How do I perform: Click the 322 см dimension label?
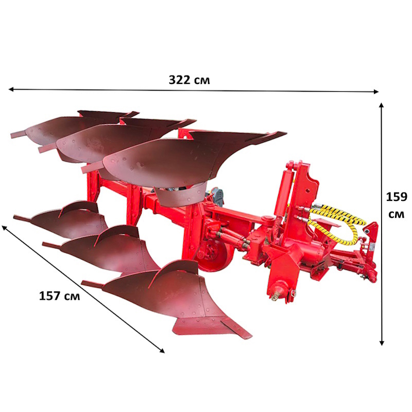189,80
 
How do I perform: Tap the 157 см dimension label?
59,296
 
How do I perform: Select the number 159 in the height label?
397,197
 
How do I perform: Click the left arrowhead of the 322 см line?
10,89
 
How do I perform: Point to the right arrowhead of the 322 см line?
376,92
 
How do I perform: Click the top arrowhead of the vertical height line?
382,105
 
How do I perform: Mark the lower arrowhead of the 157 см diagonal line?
162,351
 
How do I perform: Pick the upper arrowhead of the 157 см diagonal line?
4,227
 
